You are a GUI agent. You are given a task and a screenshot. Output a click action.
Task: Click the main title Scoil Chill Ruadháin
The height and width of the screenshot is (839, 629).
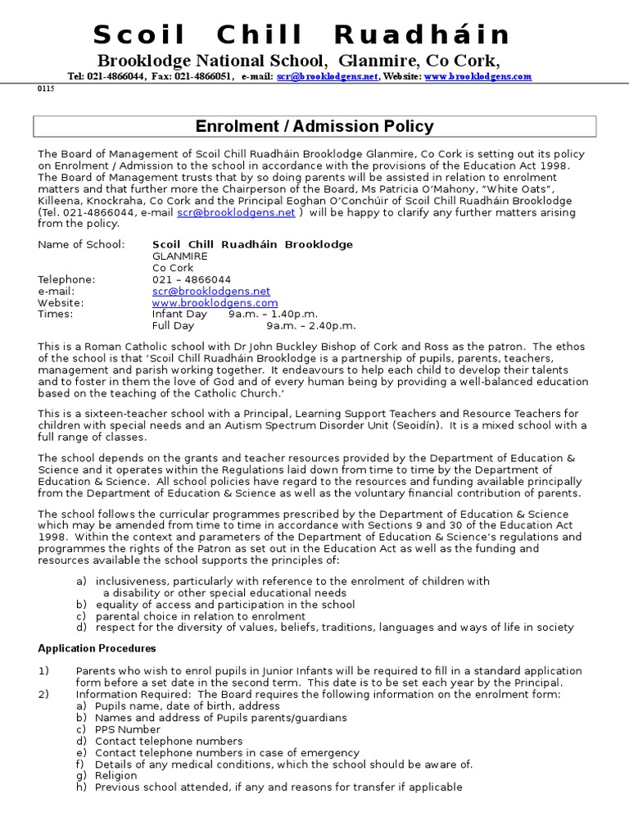tap(302, 34)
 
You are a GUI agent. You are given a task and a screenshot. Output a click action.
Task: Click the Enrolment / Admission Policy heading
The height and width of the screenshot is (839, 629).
tap(314, 126)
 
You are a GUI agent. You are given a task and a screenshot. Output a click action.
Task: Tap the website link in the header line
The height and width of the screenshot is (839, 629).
tap(477, 76)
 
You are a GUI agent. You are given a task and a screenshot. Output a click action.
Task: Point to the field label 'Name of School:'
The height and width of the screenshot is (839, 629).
tap(82, 244)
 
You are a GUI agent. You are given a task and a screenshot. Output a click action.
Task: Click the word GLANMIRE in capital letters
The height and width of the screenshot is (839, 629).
tap(180, 256)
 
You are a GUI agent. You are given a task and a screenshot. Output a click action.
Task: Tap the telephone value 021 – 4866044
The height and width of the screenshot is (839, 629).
tap(192, 279)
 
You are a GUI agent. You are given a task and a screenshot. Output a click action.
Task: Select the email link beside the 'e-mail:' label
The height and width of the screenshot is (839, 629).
tap(211, 291)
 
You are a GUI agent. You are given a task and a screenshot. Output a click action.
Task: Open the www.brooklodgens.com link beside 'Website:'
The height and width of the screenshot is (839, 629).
tap(215, 302)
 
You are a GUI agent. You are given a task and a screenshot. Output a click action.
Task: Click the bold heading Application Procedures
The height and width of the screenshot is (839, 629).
tap(97, 648)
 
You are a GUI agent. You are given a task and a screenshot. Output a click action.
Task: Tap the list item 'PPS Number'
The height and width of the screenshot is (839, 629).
tap(128, 729)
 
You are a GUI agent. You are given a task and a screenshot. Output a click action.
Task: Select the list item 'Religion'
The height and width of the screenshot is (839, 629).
tap(117, 775)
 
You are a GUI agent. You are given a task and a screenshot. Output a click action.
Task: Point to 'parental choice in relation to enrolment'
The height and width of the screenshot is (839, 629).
tap(201, 616)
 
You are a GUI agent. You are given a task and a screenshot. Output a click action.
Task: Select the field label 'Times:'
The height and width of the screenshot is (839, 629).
tap(56, 314)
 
